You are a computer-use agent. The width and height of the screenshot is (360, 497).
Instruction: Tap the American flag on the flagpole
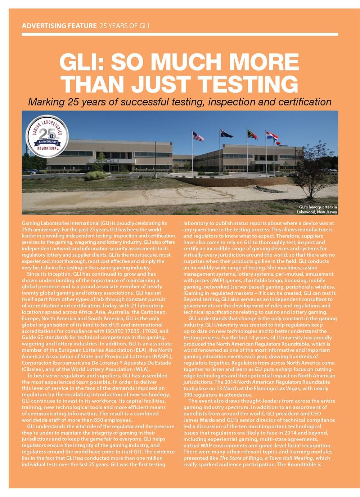coord(198,136)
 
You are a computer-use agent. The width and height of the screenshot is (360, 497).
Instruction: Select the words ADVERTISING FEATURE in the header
coord(59,26)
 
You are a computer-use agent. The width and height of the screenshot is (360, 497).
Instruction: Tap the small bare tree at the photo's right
coord(311,169)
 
